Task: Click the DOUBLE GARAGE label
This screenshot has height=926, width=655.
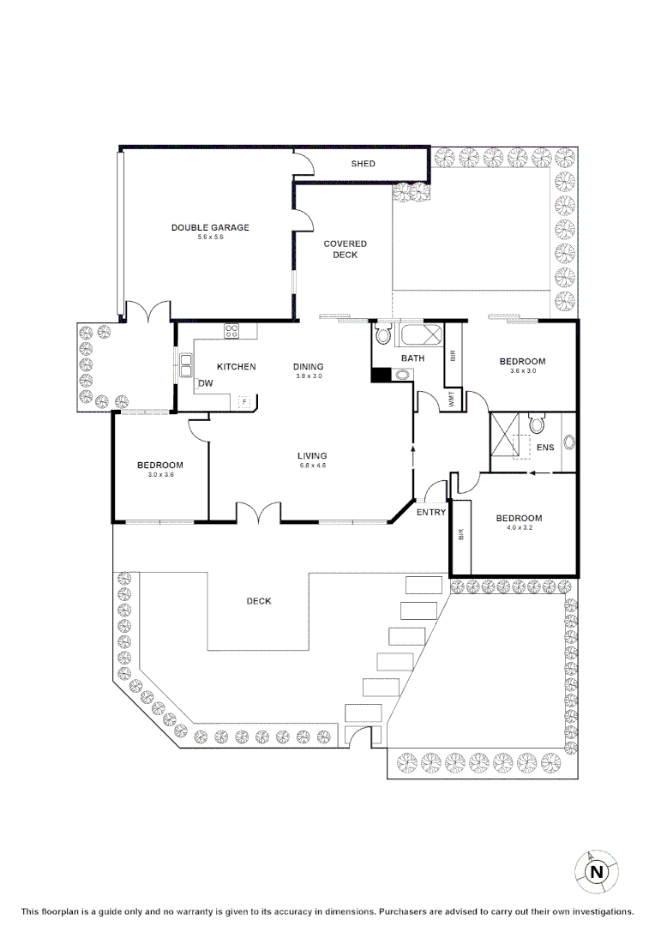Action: pyautogui.click(x=210, y=227)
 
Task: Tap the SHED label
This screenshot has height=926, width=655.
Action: pyautogui.click(x=363, y=164)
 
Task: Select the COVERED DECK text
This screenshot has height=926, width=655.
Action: pyautogui.click(x=346, y=250)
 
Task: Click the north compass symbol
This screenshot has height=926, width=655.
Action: pyautogui.click(x=596, y=872)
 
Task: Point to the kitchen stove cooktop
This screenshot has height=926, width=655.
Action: pyautogui.click(x=231, y=330)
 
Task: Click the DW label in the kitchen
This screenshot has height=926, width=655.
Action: pyautogui.click(x=205, y=383)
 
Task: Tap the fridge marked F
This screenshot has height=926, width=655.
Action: pyautogui.click(x=243, y=400)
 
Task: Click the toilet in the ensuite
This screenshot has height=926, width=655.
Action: pyautogui.click(x=537, y=424)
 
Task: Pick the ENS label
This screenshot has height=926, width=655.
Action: pyautogui.click(x=545, y=447)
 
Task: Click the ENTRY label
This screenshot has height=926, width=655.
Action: pyautogui.click(x=430, y=512)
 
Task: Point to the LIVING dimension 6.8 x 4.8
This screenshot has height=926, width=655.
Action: pyautogui.click(x=312, y=466)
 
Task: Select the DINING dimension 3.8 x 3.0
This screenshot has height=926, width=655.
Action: pyautogui.click(x=309, y=376)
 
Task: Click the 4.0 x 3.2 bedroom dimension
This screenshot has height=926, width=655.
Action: pyautogui.click(x=519, y=528)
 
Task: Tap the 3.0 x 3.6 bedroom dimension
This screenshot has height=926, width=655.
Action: pyautogui.click(x=160, y=475)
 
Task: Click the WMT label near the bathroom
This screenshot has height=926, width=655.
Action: pyautogui.click(x=453, y=400)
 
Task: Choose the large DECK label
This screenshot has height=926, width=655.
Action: pyautogui.click(x=259, y=601)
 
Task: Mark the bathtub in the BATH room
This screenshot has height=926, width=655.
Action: pyautogui.click(x=421, y=334)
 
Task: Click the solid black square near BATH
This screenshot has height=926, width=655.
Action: pyautogui.click(x=379, y=374)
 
